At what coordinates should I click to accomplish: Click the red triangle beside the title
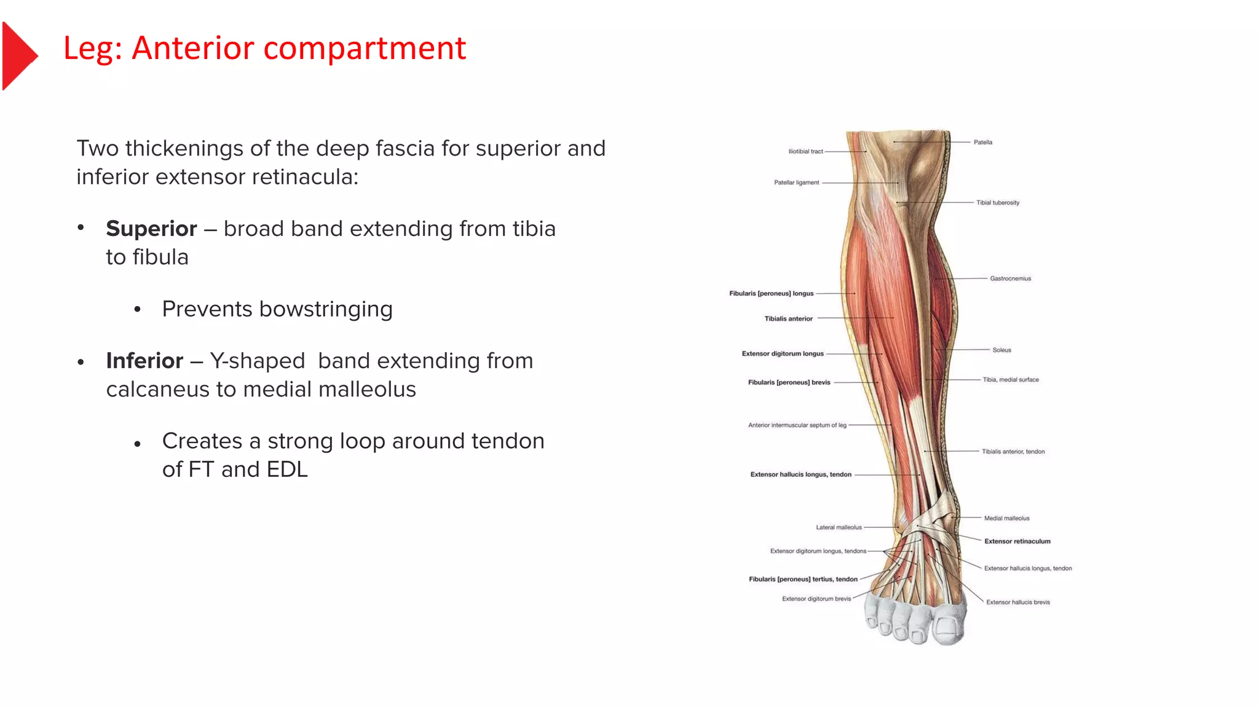(x=18, y=56)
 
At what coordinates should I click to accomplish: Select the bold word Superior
(x=151, y=229)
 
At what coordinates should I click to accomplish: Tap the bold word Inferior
(x=144, y=361)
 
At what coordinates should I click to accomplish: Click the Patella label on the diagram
(x=982, y=143)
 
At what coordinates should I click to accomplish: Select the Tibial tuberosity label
(x=997, y=203)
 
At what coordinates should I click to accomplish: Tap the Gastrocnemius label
(x=1010, y=279)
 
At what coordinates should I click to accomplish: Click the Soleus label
(x=1001, y=350)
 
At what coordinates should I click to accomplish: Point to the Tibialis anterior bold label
(x=788, y=319)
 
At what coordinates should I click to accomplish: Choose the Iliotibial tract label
(x=805, y=151)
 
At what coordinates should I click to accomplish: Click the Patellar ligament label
(x=796, y=183)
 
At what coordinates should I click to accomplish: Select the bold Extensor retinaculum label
(x=1017, y=541)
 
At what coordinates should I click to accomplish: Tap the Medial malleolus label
(x=1006, y=519)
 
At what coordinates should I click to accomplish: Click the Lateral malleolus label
(x=839, y=527)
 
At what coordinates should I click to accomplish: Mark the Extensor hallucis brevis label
(x=1017, y=602)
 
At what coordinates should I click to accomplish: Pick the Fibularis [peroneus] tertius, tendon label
(x=803, y=580)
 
